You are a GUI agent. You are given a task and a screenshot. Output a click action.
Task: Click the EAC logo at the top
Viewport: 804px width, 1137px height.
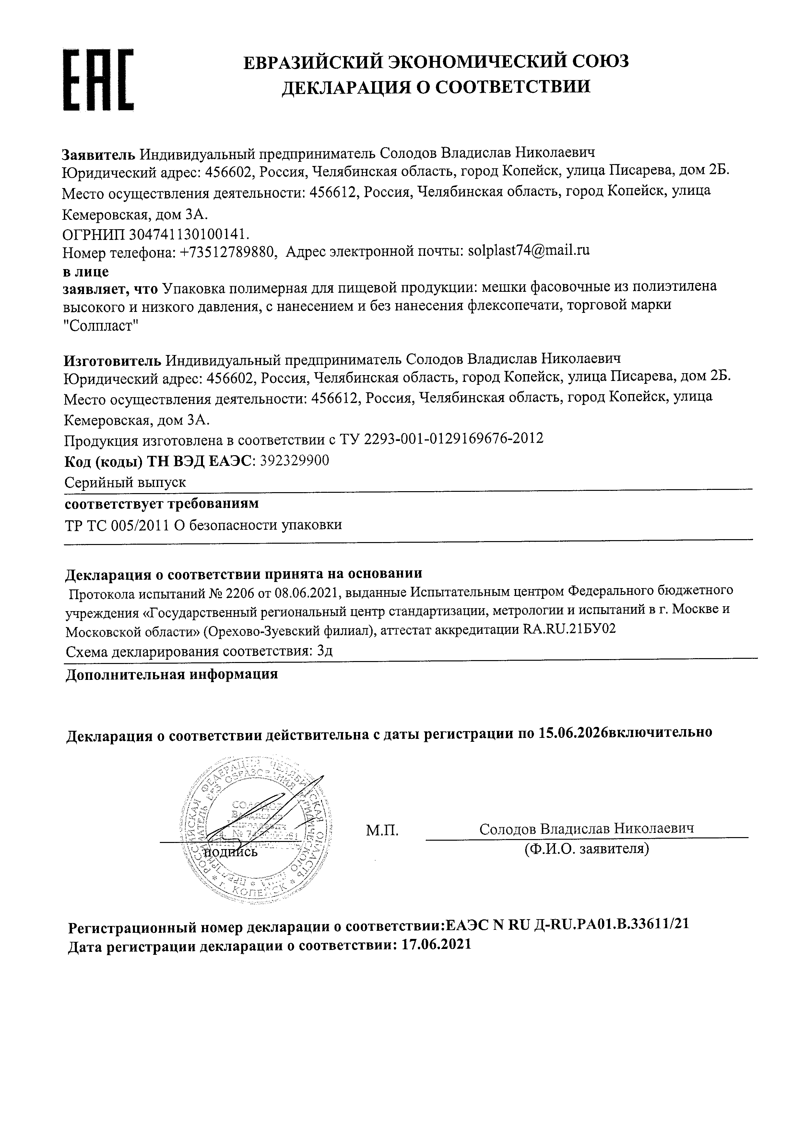click(99, 79)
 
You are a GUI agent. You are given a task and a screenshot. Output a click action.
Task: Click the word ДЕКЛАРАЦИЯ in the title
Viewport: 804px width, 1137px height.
click(347, 87)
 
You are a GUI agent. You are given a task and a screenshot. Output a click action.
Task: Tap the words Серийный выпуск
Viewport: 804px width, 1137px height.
click(125, 482)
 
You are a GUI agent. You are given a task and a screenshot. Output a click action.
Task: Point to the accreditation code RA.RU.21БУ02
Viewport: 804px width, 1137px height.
click(569, 630)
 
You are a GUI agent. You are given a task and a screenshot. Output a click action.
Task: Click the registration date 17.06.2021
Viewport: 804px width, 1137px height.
click(437, 945)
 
